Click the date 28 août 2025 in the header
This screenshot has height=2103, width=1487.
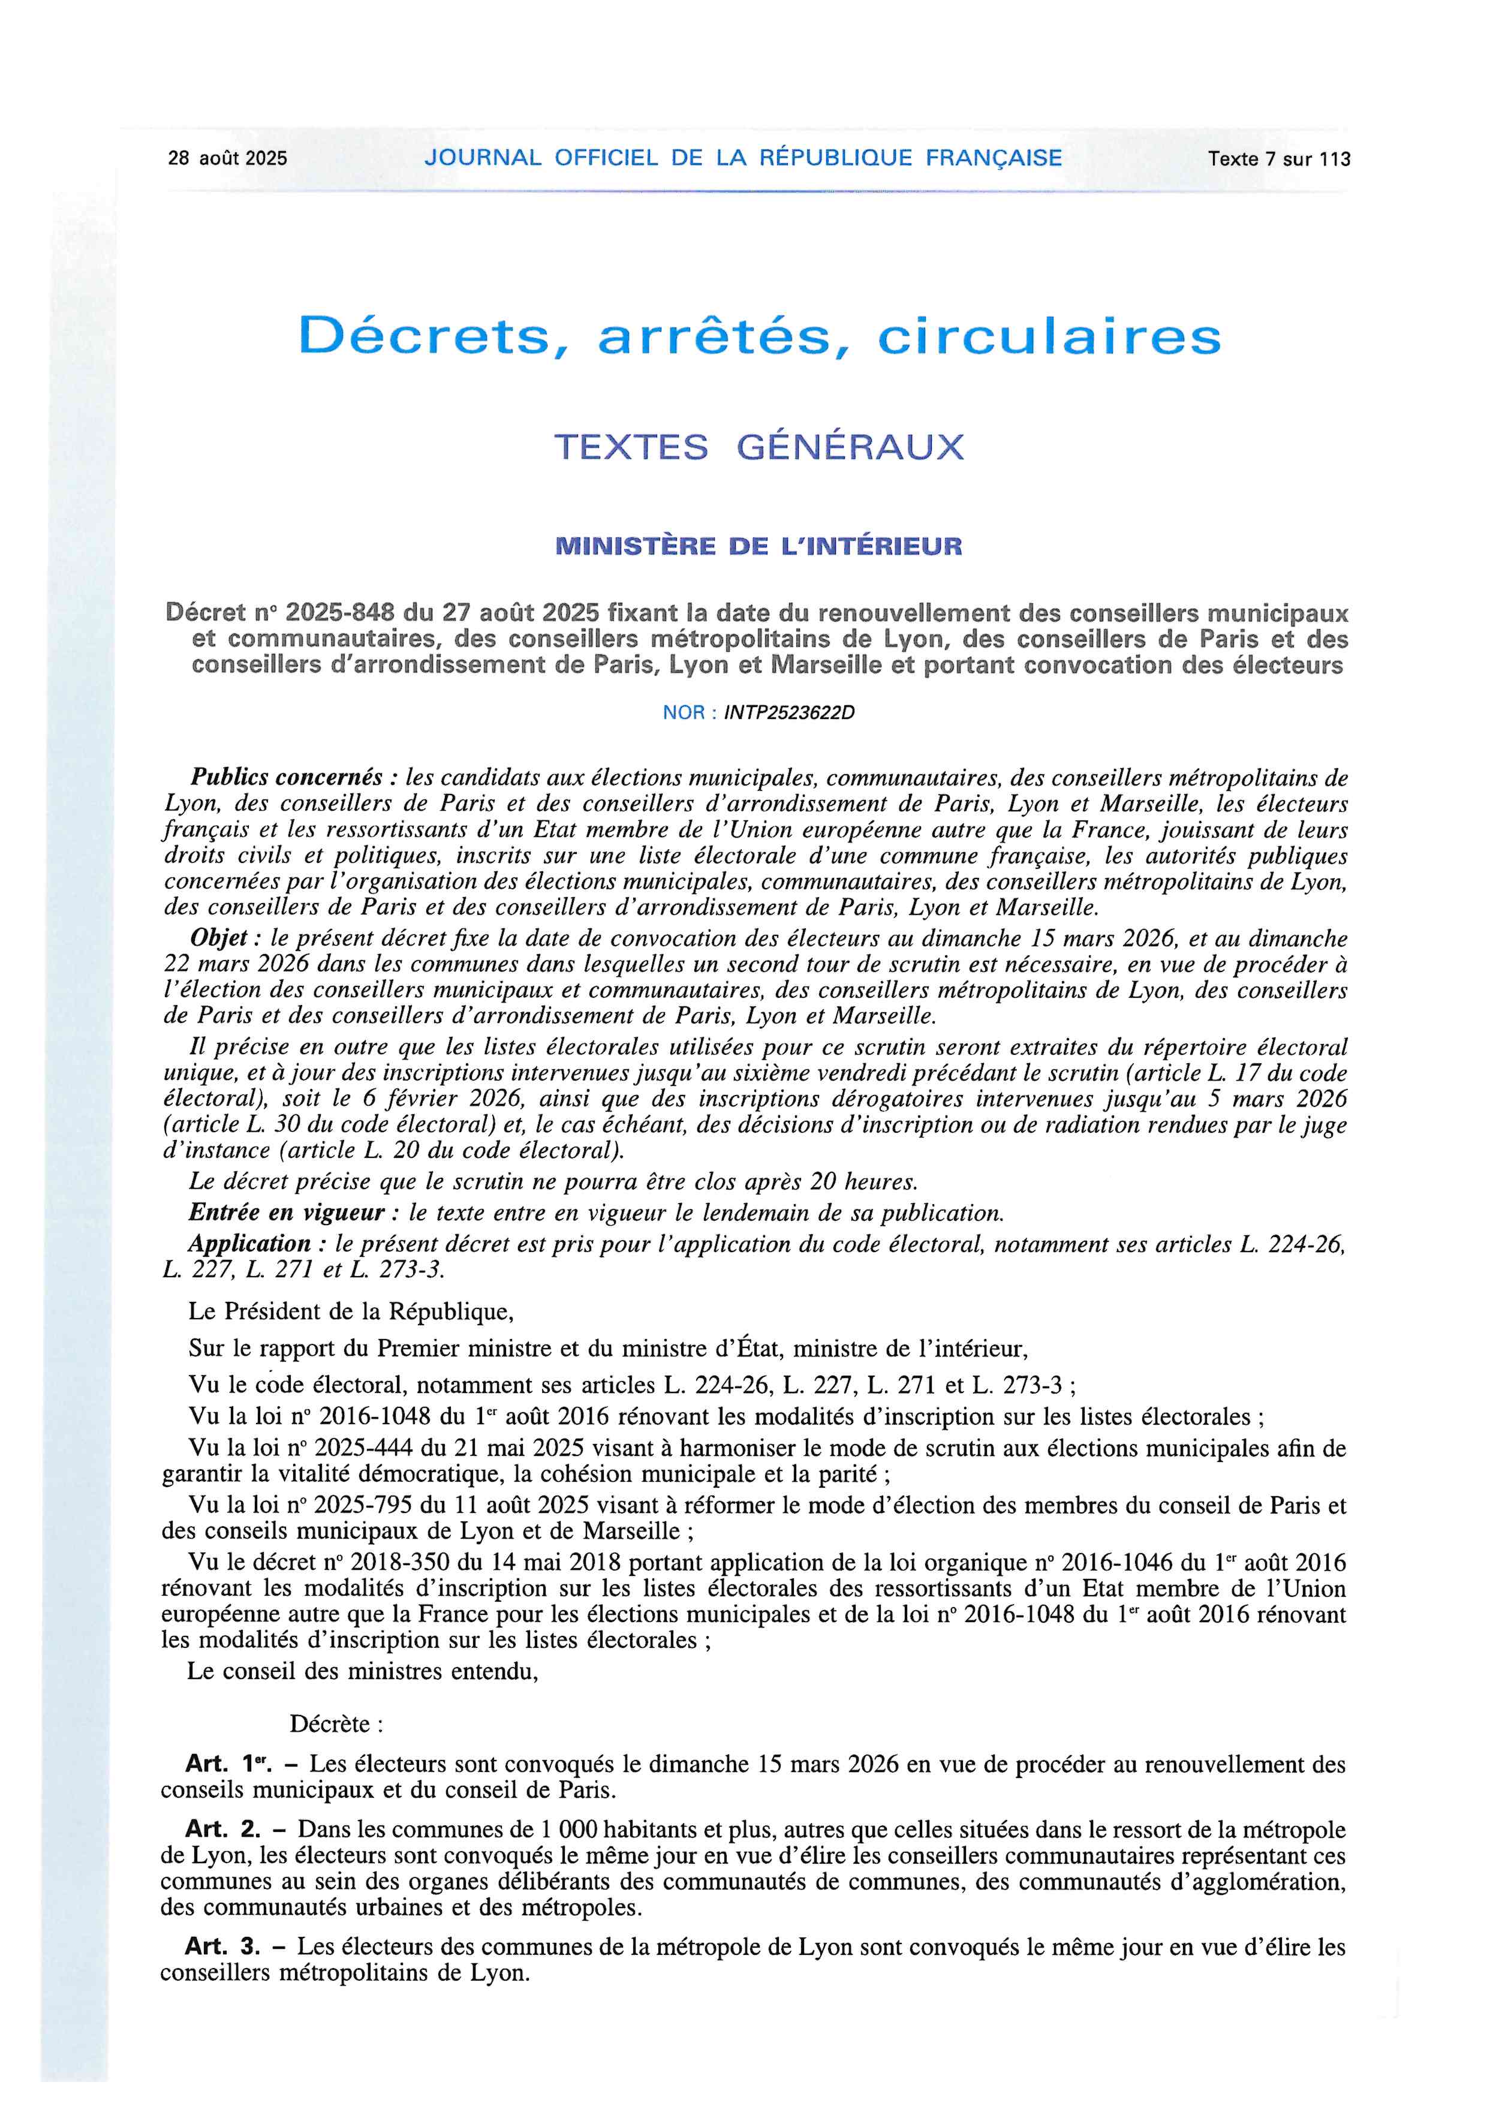pyautogui.click(x=227, y=158)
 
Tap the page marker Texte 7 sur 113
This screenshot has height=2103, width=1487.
pyautogui.click(x=1278, y=158)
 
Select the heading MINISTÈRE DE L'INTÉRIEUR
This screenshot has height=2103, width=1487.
pyautogui.click(x=759, y=547)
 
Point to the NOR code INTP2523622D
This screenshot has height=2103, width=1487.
pyautogui.click(x=788, y=712)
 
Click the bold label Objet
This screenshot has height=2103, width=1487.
pyautogui.click(x=219, y=938)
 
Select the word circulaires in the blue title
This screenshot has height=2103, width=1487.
pyautogui.click(x=1049, y=337)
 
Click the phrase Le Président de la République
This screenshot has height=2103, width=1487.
pyautogui.click(x=351, y=1311)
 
